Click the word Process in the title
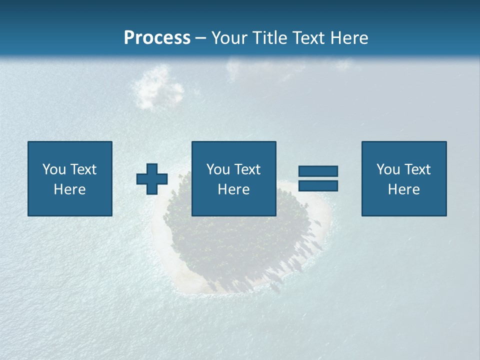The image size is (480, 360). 157,38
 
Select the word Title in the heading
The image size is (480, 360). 270,38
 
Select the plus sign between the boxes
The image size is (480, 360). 152,178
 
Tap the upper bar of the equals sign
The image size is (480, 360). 318,171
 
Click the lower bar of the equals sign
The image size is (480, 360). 318,186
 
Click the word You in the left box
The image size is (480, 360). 53,169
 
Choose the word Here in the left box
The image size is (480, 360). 69,189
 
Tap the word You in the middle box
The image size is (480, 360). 217,169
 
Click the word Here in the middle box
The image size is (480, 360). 233,189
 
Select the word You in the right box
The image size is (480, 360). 387,169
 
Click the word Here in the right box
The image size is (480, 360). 403,189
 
